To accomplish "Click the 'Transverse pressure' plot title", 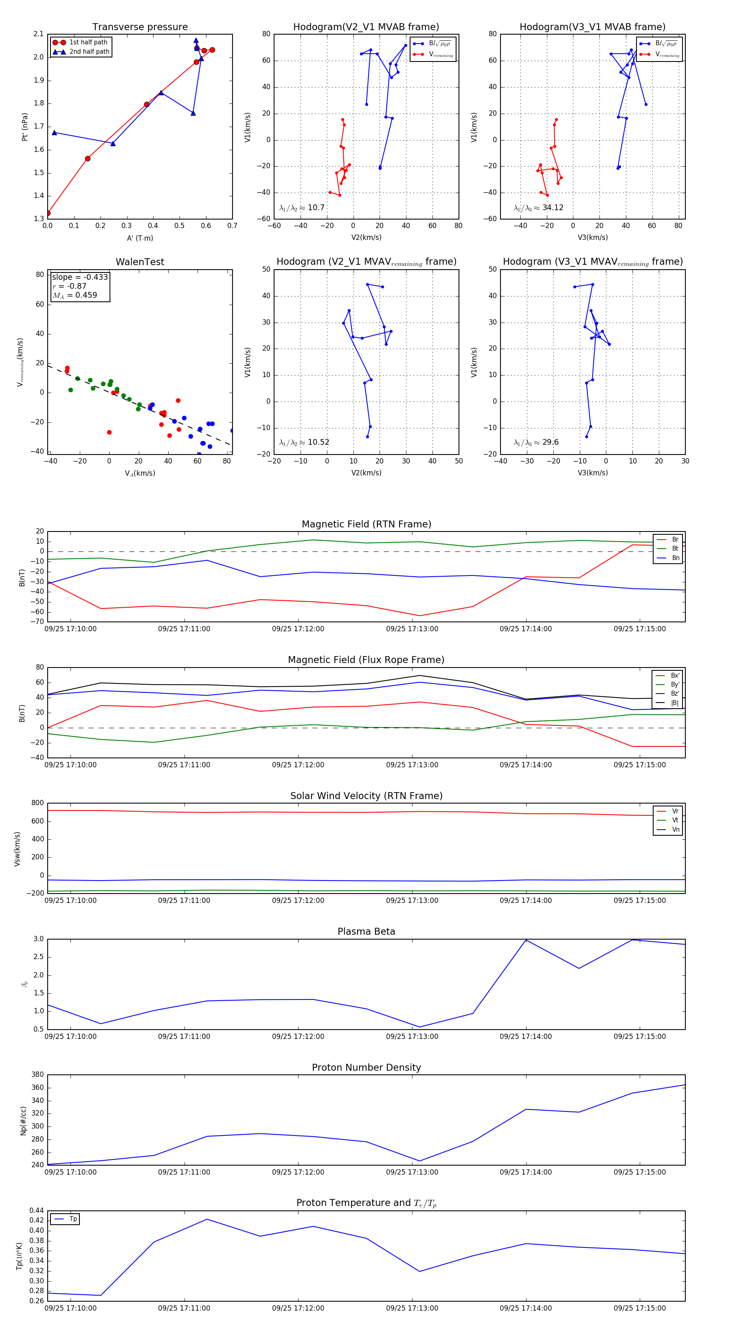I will click(140, 27).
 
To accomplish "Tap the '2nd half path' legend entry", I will click(89, 52).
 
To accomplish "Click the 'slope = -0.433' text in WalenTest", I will click(80, 277).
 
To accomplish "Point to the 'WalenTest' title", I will click(140, 262).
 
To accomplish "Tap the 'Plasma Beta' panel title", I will click(366, 931).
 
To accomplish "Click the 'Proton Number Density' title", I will click(366, 1067).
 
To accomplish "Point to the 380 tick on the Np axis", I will click(37, 1074).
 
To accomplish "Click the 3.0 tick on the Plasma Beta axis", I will click(39, 939).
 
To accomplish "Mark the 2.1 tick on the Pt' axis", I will click(39, 34).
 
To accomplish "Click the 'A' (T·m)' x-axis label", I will click(140, 238).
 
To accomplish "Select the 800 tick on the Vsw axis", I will click(37, 803).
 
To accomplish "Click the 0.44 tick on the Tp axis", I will click(37, 1210).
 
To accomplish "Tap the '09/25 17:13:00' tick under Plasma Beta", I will click(412, 1036).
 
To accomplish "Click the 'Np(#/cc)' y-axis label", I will click(23, 1120).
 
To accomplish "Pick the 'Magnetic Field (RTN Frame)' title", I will click(366, 524).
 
